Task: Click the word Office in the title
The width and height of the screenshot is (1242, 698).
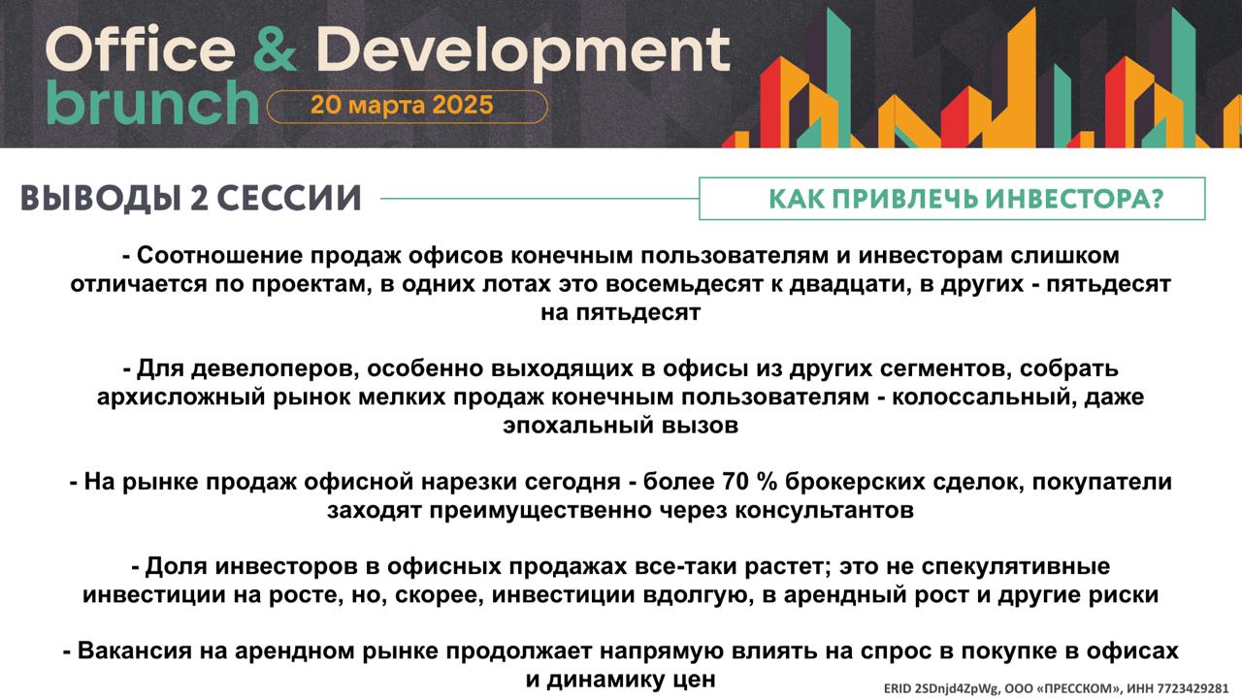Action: point(141,48)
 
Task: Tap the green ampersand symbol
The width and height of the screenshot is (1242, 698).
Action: point(275,48)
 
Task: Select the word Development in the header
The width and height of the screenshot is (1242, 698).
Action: point(523,52)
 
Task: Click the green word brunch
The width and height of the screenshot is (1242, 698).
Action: point(152,103)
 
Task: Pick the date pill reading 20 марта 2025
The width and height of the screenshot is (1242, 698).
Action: point(407,106)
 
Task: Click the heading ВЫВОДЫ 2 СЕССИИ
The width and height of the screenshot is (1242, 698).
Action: point(191,199)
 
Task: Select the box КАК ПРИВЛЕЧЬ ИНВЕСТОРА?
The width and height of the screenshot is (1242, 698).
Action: point(952,199)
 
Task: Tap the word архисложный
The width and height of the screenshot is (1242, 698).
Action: point(180,397)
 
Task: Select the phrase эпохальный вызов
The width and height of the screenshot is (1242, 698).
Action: point(620,426)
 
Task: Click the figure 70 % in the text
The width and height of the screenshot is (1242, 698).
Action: point(750,482)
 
